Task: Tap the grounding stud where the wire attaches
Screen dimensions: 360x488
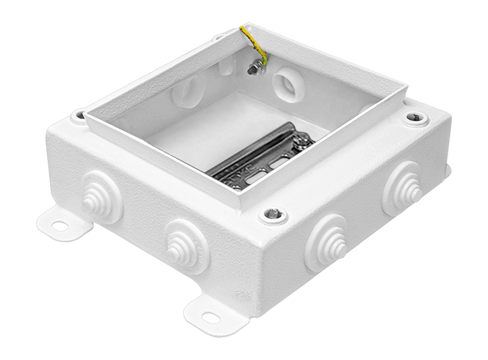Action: tap(255, 69)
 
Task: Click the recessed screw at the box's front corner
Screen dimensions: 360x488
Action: tap(272, 214)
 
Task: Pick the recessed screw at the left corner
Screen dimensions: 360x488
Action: tap(79, 117)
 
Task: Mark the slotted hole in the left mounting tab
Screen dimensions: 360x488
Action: tap(59, 226)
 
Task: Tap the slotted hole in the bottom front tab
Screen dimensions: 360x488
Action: tap(210, 318)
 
